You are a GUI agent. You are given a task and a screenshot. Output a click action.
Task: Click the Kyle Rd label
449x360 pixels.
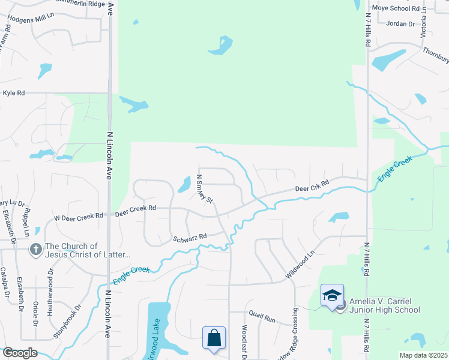[x=14, y=93]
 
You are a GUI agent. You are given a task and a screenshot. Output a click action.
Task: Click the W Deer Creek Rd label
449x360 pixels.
[x=79, y=217]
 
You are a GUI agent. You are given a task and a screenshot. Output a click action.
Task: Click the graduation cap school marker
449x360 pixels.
[x=332, y=295]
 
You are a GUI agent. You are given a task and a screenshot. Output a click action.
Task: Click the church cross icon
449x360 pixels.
[x=36, y=248]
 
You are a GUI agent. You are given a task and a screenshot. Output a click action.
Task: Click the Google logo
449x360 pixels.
[x=19, y=353]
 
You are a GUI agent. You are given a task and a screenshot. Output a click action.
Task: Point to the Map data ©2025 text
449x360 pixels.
[x=423, y=355]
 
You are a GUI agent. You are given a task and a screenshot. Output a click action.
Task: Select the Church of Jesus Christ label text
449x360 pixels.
[x=88, y=251]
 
